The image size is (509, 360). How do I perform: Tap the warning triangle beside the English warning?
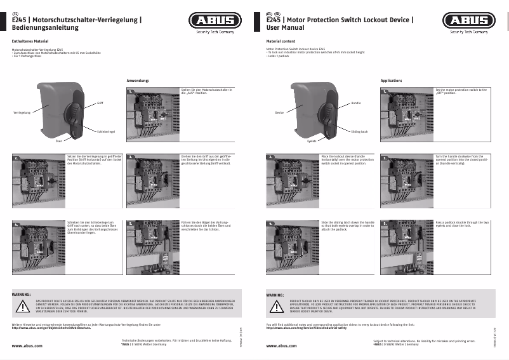coord(277,306)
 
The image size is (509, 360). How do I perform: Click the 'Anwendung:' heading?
coord(138,81)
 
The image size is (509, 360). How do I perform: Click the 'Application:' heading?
coord(391,81)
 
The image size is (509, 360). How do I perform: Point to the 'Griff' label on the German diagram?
coord(100,102)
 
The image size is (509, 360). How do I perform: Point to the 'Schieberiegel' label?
coord(105,131)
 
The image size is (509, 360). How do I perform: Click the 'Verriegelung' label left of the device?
coord(22,112)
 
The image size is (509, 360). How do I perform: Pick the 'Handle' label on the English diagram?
coord(355,102)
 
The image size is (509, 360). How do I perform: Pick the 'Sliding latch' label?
coord(359,131)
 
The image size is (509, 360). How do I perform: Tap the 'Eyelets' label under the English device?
coord(312,141)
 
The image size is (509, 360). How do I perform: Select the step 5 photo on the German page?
coord(154,246)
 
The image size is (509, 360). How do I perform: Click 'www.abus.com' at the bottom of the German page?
coord(27,346)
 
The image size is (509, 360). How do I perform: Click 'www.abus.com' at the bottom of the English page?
coord(281,346)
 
